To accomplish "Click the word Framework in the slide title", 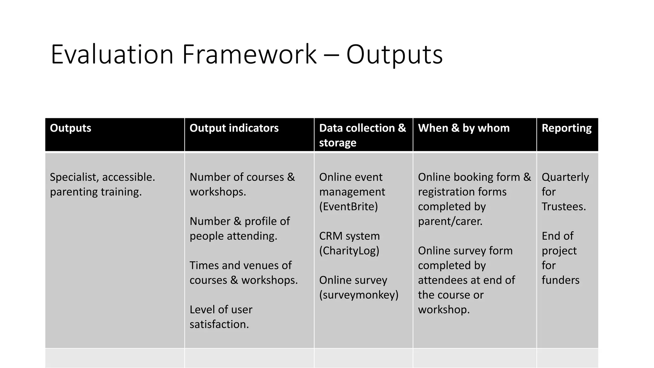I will tap(249, 54).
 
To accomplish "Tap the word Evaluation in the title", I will tap(112, 54).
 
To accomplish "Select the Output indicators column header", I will tap(234, 128).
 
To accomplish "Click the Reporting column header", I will tap(567, 128).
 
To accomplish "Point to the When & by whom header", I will tap(464, 128).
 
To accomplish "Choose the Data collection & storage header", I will tap(362, 135).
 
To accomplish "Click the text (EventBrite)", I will tap(348, 207).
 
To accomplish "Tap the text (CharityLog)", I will tap(349, 251).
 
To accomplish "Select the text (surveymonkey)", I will tap(359, 295).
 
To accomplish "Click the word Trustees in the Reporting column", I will tap(563, 207).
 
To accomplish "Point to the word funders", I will tap(560, 280).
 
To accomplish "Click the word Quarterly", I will tap(565, 177).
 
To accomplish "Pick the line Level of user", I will tap(221, 310).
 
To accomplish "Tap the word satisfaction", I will tap(219, 324).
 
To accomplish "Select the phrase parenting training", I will tap(95, 192).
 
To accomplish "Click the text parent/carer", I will tap(450, 221).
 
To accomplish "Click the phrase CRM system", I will tap(349, 236).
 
